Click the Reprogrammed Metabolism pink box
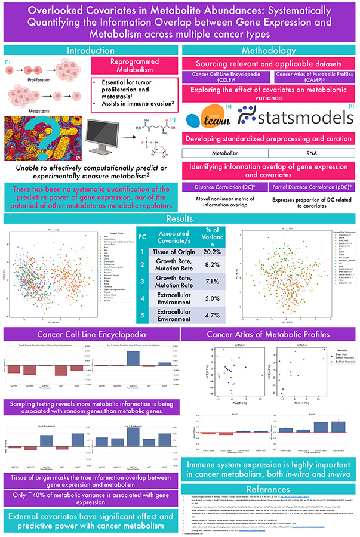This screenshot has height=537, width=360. coord(136,66)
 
